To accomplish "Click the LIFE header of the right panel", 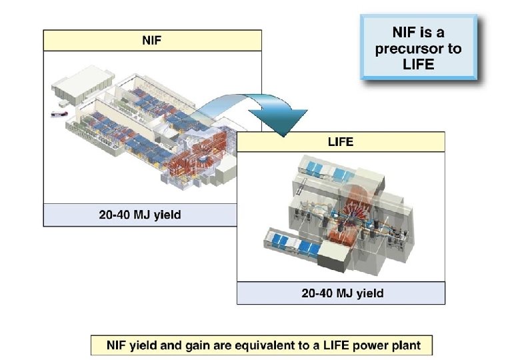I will tap(341, 142).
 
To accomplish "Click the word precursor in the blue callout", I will tap(417, 49).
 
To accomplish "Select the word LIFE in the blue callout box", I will tap(417, 65).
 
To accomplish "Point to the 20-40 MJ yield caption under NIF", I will tap(139, 215).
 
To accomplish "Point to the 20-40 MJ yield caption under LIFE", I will tap(341, 293).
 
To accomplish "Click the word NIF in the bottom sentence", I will tap(118, 346).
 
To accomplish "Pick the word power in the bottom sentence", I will tap(372, 346).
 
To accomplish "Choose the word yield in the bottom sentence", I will tap(149, 346).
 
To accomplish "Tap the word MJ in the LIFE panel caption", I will tap(347, 293).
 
